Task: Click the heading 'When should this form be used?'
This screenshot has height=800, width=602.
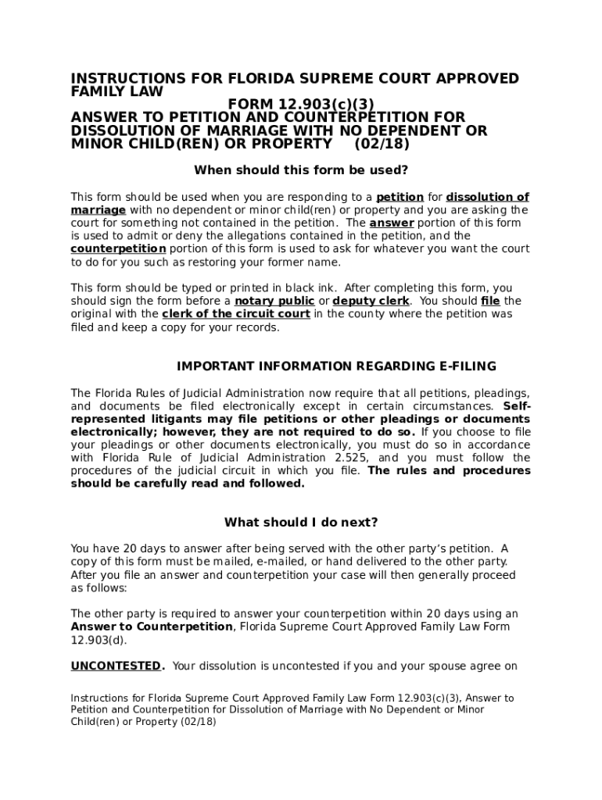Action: point(301,170)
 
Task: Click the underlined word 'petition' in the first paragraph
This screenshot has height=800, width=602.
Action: point(400,197)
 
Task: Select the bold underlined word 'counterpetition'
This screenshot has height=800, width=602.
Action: point(118,248)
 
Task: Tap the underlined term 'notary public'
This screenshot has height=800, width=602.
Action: point(275,301)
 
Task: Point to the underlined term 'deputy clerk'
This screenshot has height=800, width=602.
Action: point(371,301)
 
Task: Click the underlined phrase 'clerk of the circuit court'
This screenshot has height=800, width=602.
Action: point(236,314)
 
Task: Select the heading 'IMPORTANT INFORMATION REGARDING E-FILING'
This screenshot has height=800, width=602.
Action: point(336,366)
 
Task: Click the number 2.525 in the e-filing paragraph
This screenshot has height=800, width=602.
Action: point(345,458)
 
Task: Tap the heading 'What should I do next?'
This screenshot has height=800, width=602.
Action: point(301,523)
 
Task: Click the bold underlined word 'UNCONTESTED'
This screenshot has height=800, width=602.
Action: point(116,666)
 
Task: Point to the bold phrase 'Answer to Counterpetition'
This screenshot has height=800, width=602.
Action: point(152,627)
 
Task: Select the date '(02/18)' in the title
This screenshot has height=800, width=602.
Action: point(382,145)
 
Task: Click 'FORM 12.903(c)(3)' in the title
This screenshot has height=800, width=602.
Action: point(295,105)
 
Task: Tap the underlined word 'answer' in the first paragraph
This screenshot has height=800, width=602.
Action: point(392,223)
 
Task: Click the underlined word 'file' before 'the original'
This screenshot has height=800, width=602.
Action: point(490,301)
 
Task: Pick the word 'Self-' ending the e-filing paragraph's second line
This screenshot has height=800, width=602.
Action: point(517,406)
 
